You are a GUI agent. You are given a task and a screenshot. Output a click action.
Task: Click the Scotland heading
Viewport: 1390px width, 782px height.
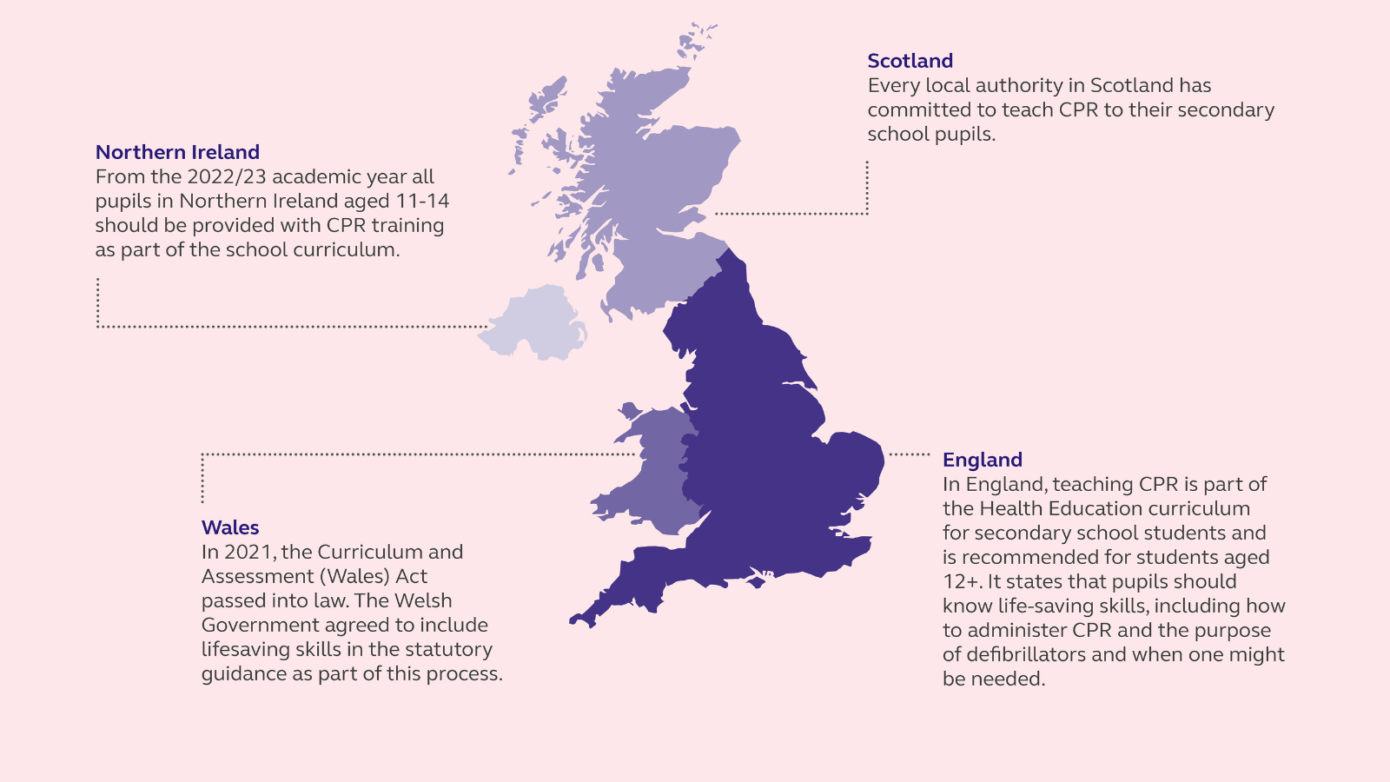point(910,61)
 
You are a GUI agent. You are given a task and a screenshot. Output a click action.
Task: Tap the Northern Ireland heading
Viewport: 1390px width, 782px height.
point(177,152)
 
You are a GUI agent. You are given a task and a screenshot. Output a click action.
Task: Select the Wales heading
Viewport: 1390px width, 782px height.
point(230,527)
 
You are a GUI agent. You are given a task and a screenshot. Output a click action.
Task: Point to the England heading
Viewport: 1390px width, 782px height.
point(982,460)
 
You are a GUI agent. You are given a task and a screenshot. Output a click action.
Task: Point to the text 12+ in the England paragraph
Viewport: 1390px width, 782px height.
point(962,581)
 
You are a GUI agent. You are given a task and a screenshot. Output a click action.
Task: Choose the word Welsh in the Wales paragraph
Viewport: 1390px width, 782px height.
point(423,600)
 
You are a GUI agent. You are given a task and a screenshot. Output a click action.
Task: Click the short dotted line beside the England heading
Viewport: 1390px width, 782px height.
point(910,454)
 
